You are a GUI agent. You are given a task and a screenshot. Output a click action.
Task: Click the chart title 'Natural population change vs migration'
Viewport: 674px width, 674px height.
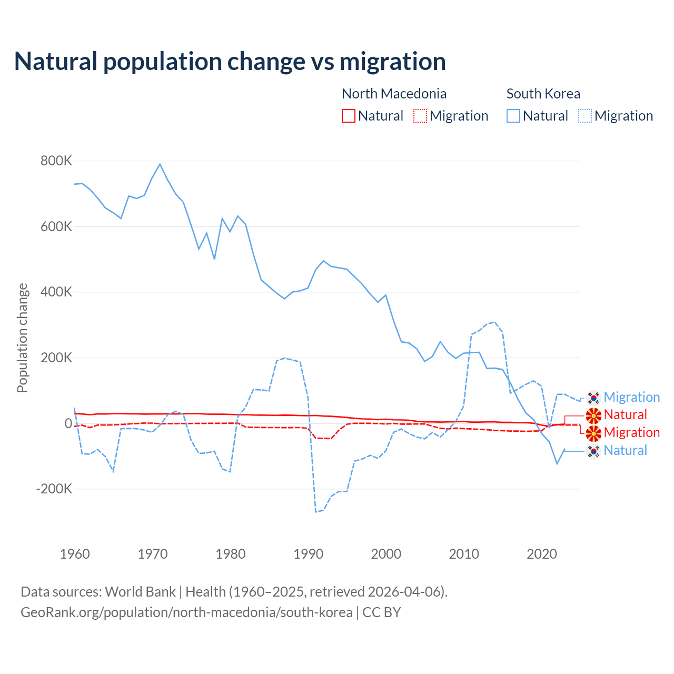[x=230, y=62]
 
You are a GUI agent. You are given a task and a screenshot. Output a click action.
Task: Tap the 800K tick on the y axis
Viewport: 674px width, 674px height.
[x=56, y=161]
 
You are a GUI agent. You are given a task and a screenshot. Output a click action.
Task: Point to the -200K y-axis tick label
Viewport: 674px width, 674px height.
[x=54, y=489]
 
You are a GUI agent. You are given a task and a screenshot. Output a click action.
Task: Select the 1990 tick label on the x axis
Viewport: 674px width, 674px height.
[x=309, y=554]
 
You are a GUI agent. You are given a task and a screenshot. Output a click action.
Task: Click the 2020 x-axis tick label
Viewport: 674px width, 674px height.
[x=542, y=554]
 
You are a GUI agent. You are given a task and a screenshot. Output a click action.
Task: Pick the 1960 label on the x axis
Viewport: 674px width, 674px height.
[x=75, y=554]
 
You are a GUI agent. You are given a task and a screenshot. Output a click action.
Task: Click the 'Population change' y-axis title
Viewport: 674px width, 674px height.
[x=22, y=338]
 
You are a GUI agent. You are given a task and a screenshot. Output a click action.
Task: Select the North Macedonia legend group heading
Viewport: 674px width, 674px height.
[x=394, y=94]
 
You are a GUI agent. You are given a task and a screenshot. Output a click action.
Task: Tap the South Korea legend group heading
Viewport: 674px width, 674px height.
[x=543, y=94]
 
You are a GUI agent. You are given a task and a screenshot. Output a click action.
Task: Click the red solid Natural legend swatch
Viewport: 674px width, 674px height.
[x=349, y=116]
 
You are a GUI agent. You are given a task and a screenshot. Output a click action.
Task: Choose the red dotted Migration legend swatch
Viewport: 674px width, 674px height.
[x=420, y=116]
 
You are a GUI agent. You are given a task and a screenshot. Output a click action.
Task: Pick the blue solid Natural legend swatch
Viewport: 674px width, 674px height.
[x=513, y=116]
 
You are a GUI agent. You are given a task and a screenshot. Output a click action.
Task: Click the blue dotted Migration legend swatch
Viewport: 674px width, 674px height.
[x=585, y=116]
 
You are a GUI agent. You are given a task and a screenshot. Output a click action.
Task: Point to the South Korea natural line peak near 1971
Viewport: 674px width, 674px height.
[x=160, y=164]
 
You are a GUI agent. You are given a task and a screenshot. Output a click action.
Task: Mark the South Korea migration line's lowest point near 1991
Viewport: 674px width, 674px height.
[x=316, y=511]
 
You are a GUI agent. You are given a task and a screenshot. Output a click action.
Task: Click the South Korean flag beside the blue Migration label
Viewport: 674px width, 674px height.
[x=593, y=398]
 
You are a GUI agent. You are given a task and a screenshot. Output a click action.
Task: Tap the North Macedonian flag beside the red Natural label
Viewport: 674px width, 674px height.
[x=593, y=415]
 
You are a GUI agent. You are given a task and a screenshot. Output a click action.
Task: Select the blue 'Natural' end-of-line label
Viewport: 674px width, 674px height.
[x=625, y=451]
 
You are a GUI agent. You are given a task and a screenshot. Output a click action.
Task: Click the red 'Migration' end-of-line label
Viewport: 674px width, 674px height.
[x=631, y=433]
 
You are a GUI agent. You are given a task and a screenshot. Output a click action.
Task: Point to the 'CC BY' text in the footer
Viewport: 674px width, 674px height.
[x=382, y=612]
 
